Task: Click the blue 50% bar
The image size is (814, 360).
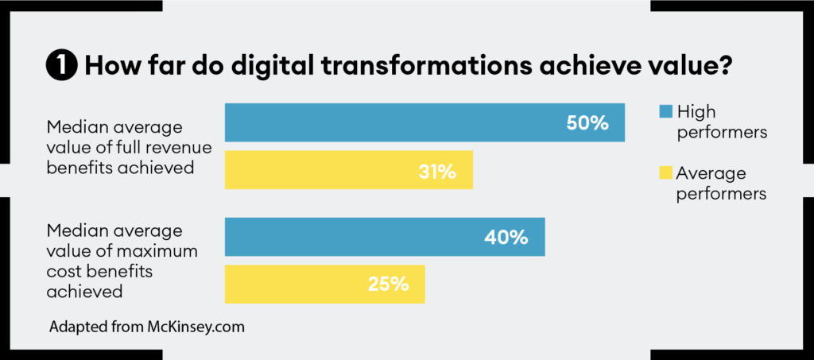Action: pos(424,122)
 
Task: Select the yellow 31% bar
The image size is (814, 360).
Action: pos(348,170)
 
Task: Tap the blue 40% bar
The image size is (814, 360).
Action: pos(385,237)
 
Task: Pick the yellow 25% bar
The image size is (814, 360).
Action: pos(324,284)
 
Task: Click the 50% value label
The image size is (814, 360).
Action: pos(587,123)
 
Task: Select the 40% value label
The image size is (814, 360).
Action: pos(507,237)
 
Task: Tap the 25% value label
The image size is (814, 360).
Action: pos(388,284)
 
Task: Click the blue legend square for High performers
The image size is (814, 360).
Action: pos(665,112)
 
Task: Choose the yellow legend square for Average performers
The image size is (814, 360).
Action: pos(665,172)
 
